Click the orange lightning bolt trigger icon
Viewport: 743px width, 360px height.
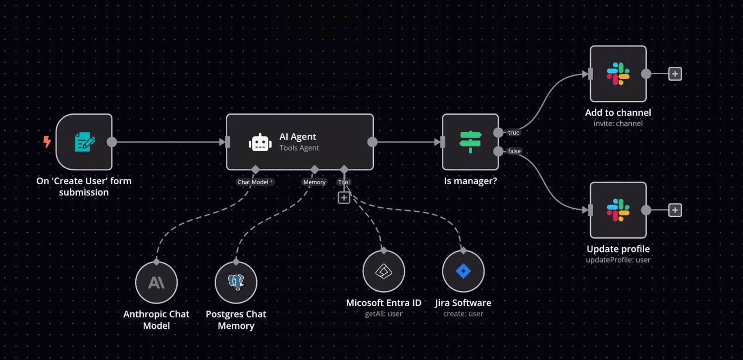[x=47, y=142]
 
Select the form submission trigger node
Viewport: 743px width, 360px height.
[x=84, y=142]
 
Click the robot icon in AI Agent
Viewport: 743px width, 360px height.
[x=260, y=143]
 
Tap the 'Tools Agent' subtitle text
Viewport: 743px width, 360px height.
[x=299, y=148]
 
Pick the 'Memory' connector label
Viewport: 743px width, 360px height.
[x=315, y=182]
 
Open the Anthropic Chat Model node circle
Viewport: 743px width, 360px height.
[x=157, y=283]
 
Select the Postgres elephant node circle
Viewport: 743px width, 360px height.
[x=236, y=283]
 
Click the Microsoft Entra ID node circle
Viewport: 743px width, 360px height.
[x=384, y=271]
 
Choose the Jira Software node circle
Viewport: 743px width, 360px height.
[x=463, y=271]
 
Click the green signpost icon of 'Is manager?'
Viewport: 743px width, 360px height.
[x=470, y=142]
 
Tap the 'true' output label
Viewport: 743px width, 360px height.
[x=514, y=133]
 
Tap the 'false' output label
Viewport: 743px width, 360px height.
[x=515, y=151]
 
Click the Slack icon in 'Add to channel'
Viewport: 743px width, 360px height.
[x=618, y=74]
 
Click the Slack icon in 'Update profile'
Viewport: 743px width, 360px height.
[x=618, y=210]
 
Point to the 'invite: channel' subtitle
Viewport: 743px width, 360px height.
[x=618, y=123]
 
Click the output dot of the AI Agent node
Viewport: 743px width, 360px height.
[x=372, y=142]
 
